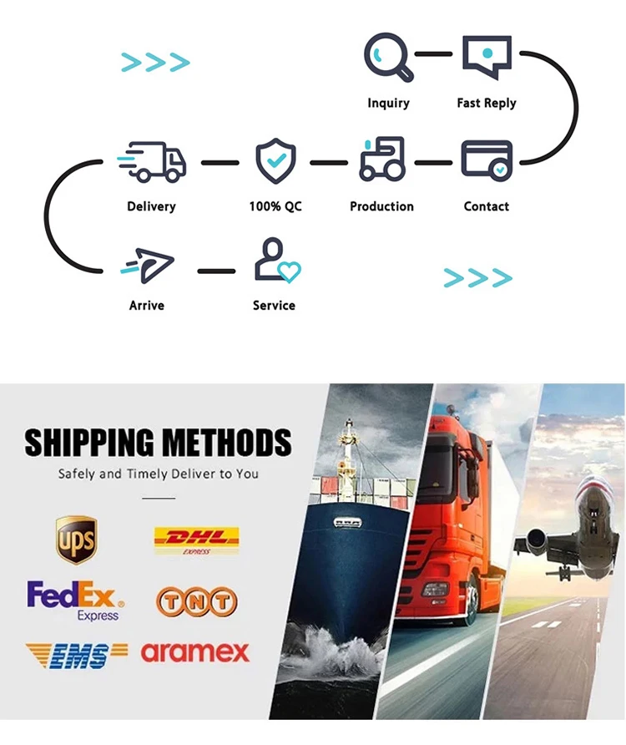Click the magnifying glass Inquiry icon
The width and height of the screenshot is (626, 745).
tap(388, 58)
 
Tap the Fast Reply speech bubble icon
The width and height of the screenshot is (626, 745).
tap(487, 58)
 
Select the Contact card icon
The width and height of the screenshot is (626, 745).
tap(487, 159)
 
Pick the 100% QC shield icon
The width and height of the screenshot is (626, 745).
tap(275, 161)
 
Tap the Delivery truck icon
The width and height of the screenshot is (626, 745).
tap(152, 161)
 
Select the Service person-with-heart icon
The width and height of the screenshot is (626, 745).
tap(276, 261)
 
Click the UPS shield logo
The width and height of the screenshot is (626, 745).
tap(76, 540)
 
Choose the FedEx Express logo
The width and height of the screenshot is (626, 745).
tap(75, 600)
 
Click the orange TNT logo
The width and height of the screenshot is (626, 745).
tap(196, 601)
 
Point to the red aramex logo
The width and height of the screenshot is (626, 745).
tap(195, 653)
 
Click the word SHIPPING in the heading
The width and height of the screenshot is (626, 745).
tap(88, 443)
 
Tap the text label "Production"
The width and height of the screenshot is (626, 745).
tap(381, 206)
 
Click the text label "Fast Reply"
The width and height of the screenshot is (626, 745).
tap(487, 104)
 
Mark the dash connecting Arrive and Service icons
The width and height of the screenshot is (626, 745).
tap(216, 271)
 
